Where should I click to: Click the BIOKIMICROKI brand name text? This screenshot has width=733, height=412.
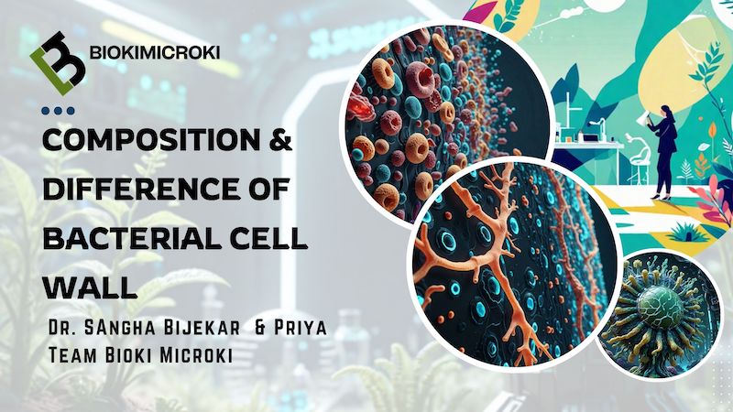154,53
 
